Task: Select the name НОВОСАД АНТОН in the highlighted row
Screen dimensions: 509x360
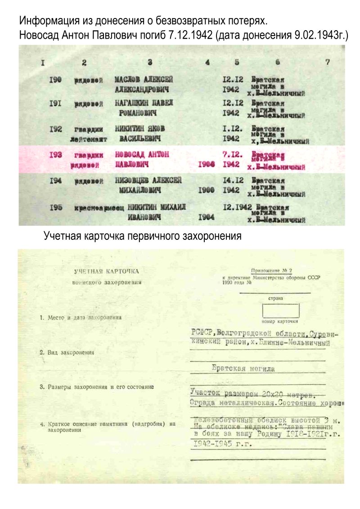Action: pos(142,155)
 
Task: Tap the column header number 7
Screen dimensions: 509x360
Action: pos(328,63)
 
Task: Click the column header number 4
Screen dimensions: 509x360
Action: pos(207,63)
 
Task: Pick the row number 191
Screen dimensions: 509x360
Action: pos(55,104)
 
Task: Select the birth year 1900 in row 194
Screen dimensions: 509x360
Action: pos(206,190)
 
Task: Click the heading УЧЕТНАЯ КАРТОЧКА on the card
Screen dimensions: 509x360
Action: pos(107,271)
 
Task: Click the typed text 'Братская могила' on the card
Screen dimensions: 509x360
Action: pos(243,368)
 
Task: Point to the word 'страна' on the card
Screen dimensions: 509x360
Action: pos(275,298)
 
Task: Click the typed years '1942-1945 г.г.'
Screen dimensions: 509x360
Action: pos(220,444)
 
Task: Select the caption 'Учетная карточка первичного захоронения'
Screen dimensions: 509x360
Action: pos(143,236)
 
